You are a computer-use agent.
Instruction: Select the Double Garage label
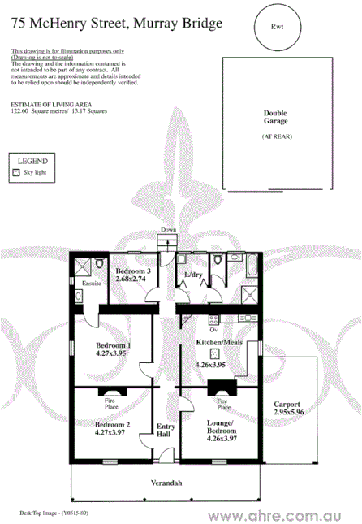point(277,117)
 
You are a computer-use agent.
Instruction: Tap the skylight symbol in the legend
point(16,173)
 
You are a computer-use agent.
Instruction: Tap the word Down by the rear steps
point(168,231)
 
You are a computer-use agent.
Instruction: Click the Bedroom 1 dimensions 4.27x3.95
point(114,353)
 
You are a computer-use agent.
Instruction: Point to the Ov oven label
point(213,330)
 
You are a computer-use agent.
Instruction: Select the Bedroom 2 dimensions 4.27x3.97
point(113,433)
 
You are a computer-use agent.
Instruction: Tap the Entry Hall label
point(166,431)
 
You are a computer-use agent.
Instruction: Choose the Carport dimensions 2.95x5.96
point(287,413)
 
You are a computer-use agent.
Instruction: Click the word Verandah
point(166,483)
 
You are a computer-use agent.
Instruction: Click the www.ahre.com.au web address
point(282,515)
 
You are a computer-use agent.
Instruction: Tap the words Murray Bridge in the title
point(174,24)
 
